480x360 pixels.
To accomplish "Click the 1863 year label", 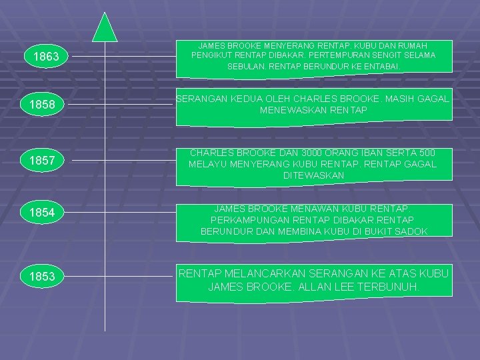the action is [46, 57].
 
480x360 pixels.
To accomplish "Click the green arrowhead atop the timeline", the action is [105, 27].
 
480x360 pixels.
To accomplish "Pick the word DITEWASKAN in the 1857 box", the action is [313, 175].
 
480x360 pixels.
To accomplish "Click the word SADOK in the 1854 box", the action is [411, 231].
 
